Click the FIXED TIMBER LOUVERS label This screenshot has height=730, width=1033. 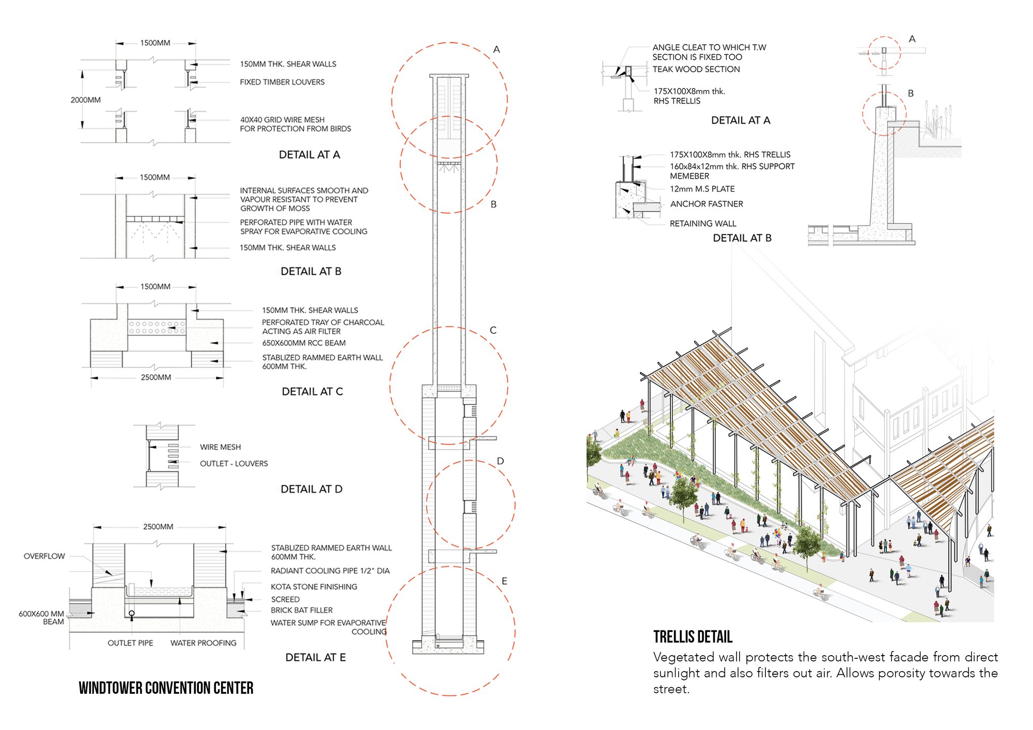click(282, 82)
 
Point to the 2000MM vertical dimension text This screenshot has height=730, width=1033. click(86, 100)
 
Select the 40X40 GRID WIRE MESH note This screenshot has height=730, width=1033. click(295, 124)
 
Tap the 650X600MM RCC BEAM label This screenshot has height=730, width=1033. click(304, 343)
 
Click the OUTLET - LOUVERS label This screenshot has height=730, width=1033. click(234, 464)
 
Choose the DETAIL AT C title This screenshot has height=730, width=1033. click(312, 391)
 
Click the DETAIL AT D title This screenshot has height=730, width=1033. click(311, 489)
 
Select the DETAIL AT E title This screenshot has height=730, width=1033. click(316, 657)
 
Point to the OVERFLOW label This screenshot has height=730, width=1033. click(44, 556)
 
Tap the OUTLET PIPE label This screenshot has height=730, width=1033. click(130, 643)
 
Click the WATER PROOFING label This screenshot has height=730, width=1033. click(204, 643)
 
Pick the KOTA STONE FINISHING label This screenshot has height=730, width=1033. click(314, 586)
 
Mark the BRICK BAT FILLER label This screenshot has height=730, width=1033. click(302, 610)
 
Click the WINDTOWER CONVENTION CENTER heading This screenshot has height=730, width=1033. click(166, 688)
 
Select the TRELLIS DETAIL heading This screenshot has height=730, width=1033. click(693, 637)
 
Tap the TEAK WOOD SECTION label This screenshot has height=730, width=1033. click(696, 69)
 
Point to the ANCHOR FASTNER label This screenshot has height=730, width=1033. click(707, 204)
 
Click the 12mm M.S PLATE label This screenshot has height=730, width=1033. click(702, 189)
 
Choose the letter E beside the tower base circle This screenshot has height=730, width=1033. click(505, 581)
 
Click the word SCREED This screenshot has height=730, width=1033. click(285, 599)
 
